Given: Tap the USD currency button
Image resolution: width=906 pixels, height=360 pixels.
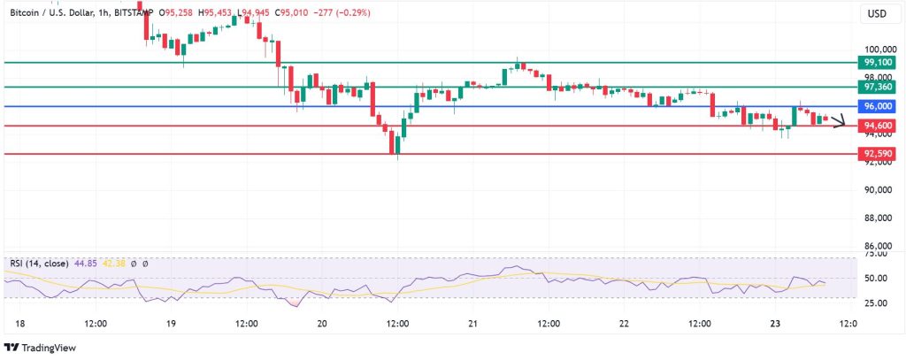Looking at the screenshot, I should pos(877,14).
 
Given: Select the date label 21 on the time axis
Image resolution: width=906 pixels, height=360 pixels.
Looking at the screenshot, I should pos(472,324).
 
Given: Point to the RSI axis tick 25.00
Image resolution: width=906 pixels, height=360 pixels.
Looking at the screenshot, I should pos(877,303).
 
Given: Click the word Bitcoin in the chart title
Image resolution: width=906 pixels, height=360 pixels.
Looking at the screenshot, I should pos(25,12).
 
